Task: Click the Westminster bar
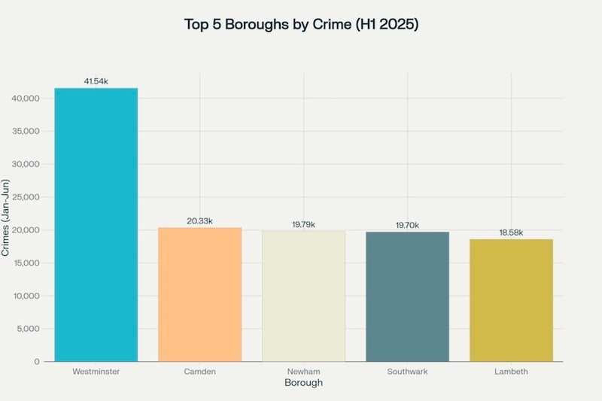pos(96,225)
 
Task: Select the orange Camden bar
pos(199,294)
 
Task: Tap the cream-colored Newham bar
pos(303,296)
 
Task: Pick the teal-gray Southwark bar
pos(407,296)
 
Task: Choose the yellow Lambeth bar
pos(511,300)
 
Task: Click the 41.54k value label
pos(96,81)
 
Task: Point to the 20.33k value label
pos(199,221)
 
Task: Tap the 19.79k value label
pos(303,224)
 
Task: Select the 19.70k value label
pos(407,225)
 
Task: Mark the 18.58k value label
pos(511,232)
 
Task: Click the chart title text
pos(301,24)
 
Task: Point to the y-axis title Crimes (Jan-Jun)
pos(6,218)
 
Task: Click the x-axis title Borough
pos(303,383)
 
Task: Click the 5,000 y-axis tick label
pos(29,329)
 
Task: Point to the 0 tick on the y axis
pos(37,362)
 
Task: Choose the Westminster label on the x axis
pos(96,372)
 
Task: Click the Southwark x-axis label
pos(407,372)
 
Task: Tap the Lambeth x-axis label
pos(511,372)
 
